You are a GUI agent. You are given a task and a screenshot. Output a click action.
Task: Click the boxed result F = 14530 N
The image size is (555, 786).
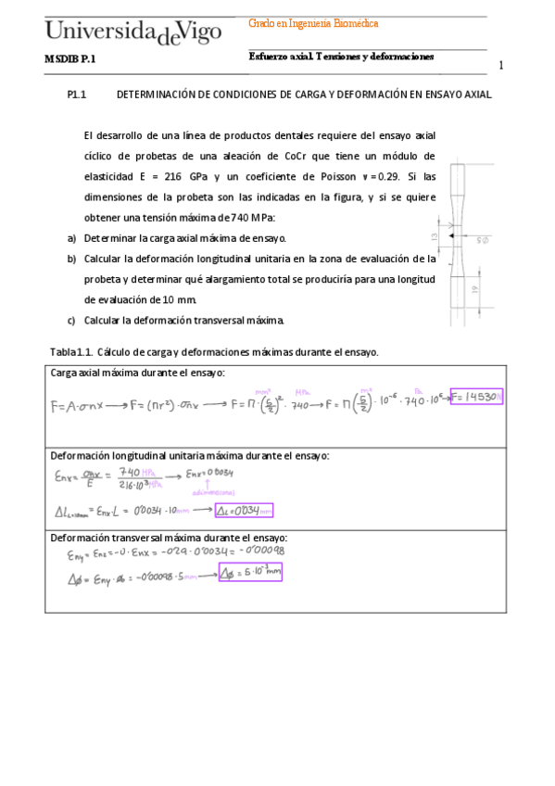click(x=475, y=397)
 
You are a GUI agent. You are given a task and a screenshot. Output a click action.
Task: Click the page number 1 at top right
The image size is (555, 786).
click(x=501, y=66)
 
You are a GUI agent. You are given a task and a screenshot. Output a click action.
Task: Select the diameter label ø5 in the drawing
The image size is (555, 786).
click(x=483, y=240)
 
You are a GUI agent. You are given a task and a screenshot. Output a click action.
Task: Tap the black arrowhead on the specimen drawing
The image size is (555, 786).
click(x=451, y=237)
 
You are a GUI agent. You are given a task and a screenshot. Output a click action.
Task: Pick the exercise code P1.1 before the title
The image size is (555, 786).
click(x=77, y=95)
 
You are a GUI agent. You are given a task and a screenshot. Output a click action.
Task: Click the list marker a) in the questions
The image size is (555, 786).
click(x=71, y=238)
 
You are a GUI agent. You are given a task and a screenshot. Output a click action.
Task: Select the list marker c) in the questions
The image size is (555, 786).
click(x=71, y=321)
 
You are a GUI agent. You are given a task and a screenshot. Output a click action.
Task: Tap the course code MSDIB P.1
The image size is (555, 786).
click(x=69, y=58)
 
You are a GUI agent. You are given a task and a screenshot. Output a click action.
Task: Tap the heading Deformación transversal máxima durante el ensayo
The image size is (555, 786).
click(x=169, y=538)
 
